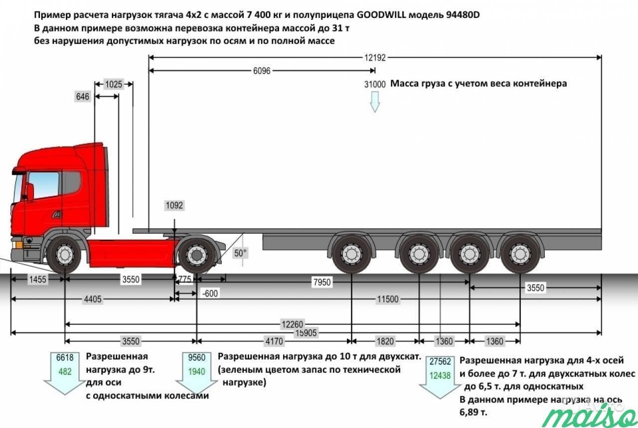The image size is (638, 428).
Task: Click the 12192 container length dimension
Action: point(375,58)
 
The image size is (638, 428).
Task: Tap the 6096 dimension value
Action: point(262,71)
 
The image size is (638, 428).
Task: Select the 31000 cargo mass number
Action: point(375,84)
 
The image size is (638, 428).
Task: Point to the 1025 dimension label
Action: point(114,84)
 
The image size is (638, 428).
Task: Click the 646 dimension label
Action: point(83,97)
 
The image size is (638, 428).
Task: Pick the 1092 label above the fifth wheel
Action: point(174,205)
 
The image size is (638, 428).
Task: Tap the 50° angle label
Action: point(240,253)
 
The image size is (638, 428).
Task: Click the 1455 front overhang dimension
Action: point(37,280)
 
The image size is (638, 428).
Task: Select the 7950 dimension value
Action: point(322,282)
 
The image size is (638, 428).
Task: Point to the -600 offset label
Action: point(210,293)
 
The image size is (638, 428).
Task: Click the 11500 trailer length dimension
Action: point(388,299)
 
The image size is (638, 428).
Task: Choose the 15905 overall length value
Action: point(306,333)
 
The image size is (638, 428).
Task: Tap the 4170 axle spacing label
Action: point(274,341)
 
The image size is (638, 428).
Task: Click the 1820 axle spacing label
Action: point(385,341)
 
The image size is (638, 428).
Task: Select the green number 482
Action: point(65,372)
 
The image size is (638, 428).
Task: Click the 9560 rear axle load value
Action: point(196,358)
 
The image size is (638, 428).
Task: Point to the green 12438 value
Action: point(440,376)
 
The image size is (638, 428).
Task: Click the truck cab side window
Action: point(44,185)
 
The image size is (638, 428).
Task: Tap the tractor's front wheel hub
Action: point(64,254)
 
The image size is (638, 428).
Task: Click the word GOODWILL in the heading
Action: point(381,15)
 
